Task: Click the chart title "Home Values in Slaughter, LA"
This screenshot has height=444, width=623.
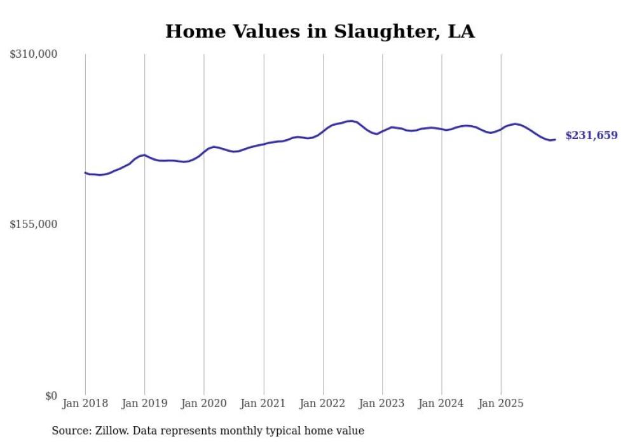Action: click(320, 32)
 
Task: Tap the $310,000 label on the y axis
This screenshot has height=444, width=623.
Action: click(34, 55)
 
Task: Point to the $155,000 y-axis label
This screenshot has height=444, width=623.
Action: click(34, 224)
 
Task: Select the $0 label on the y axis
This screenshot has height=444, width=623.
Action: click(51, 396)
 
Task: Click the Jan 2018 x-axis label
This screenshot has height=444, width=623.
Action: click(85, 403)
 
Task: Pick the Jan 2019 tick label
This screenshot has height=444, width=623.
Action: click(144, 403)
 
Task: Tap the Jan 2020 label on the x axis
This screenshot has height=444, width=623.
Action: click(204, 403)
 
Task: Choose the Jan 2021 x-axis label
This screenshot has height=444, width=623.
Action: click(263, 403)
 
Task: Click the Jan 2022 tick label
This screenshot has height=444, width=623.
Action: click(323, 403)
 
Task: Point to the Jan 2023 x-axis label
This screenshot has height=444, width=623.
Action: click(382, 403)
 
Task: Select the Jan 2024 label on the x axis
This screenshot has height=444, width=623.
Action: click(442, 403)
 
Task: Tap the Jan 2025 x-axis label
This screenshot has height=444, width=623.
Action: click(501, 403)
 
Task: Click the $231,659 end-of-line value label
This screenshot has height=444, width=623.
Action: click(591, 135)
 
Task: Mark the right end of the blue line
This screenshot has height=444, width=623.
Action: click(555, 139)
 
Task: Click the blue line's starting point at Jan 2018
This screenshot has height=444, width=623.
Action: click(85, 172)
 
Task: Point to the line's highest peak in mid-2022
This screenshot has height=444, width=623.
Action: click(350, 121)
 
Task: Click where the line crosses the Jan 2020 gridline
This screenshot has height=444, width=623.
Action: click(204, 151)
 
